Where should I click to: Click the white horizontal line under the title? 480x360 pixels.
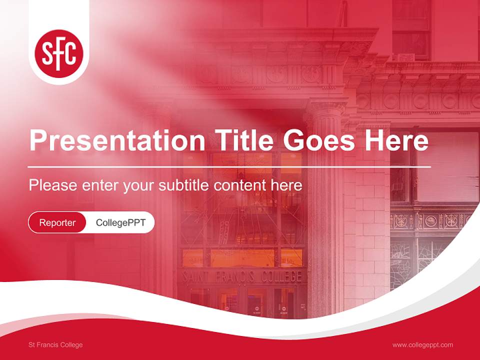[229, 166]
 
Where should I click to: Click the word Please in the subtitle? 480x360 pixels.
[52, 185]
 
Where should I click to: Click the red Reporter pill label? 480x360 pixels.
[57, 222]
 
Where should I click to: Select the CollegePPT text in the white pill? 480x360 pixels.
[120, 222]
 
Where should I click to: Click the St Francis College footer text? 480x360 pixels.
[55, 345]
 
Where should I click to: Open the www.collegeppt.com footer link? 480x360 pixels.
[422, 345]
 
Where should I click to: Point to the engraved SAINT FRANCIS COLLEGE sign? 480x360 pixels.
[242, 276]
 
